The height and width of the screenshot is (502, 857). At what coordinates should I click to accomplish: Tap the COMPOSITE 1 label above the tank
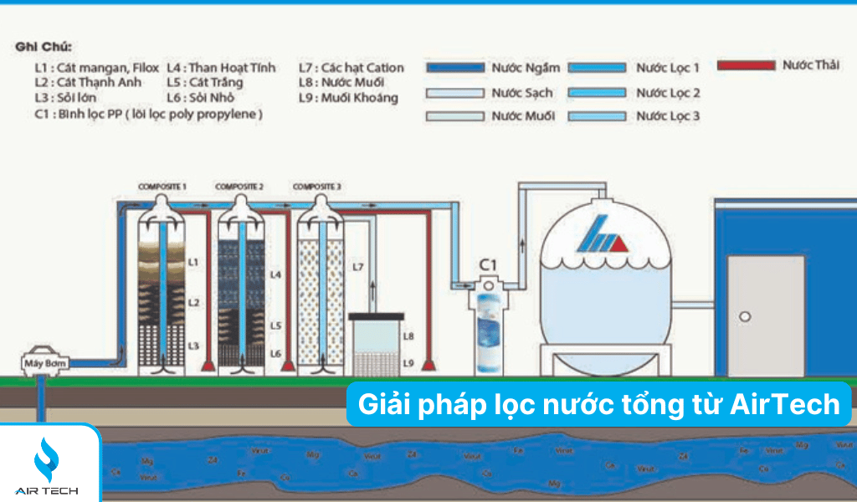(x=162, y=186)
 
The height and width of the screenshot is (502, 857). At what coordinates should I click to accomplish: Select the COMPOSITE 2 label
(x=239, y=186)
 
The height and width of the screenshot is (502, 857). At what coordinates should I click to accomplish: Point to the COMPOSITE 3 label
(x=317, y=186)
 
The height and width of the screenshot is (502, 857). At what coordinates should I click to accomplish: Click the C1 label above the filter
(x=487, y=265)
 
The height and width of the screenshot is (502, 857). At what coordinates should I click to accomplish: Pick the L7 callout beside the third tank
(x=357, y=266)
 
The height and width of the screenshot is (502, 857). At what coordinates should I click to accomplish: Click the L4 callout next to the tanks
(x=276, y=274)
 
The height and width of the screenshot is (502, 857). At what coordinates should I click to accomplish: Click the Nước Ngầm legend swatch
(x=455, y=68)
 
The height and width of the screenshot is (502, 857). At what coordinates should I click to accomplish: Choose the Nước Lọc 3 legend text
(x=667, y=116)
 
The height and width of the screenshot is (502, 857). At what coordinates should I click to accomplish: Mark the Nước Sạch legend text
(x=522, y=93)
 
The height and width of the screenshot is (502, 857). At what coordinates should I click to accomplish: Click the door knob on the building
(x=745, y=317)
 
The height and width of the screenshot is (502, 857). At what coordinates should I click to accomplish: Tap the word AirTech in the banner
(x=785, y=405)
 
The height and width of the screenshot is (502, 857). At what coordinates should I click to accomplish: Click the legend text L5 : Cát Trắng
(x=204, y=82)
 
